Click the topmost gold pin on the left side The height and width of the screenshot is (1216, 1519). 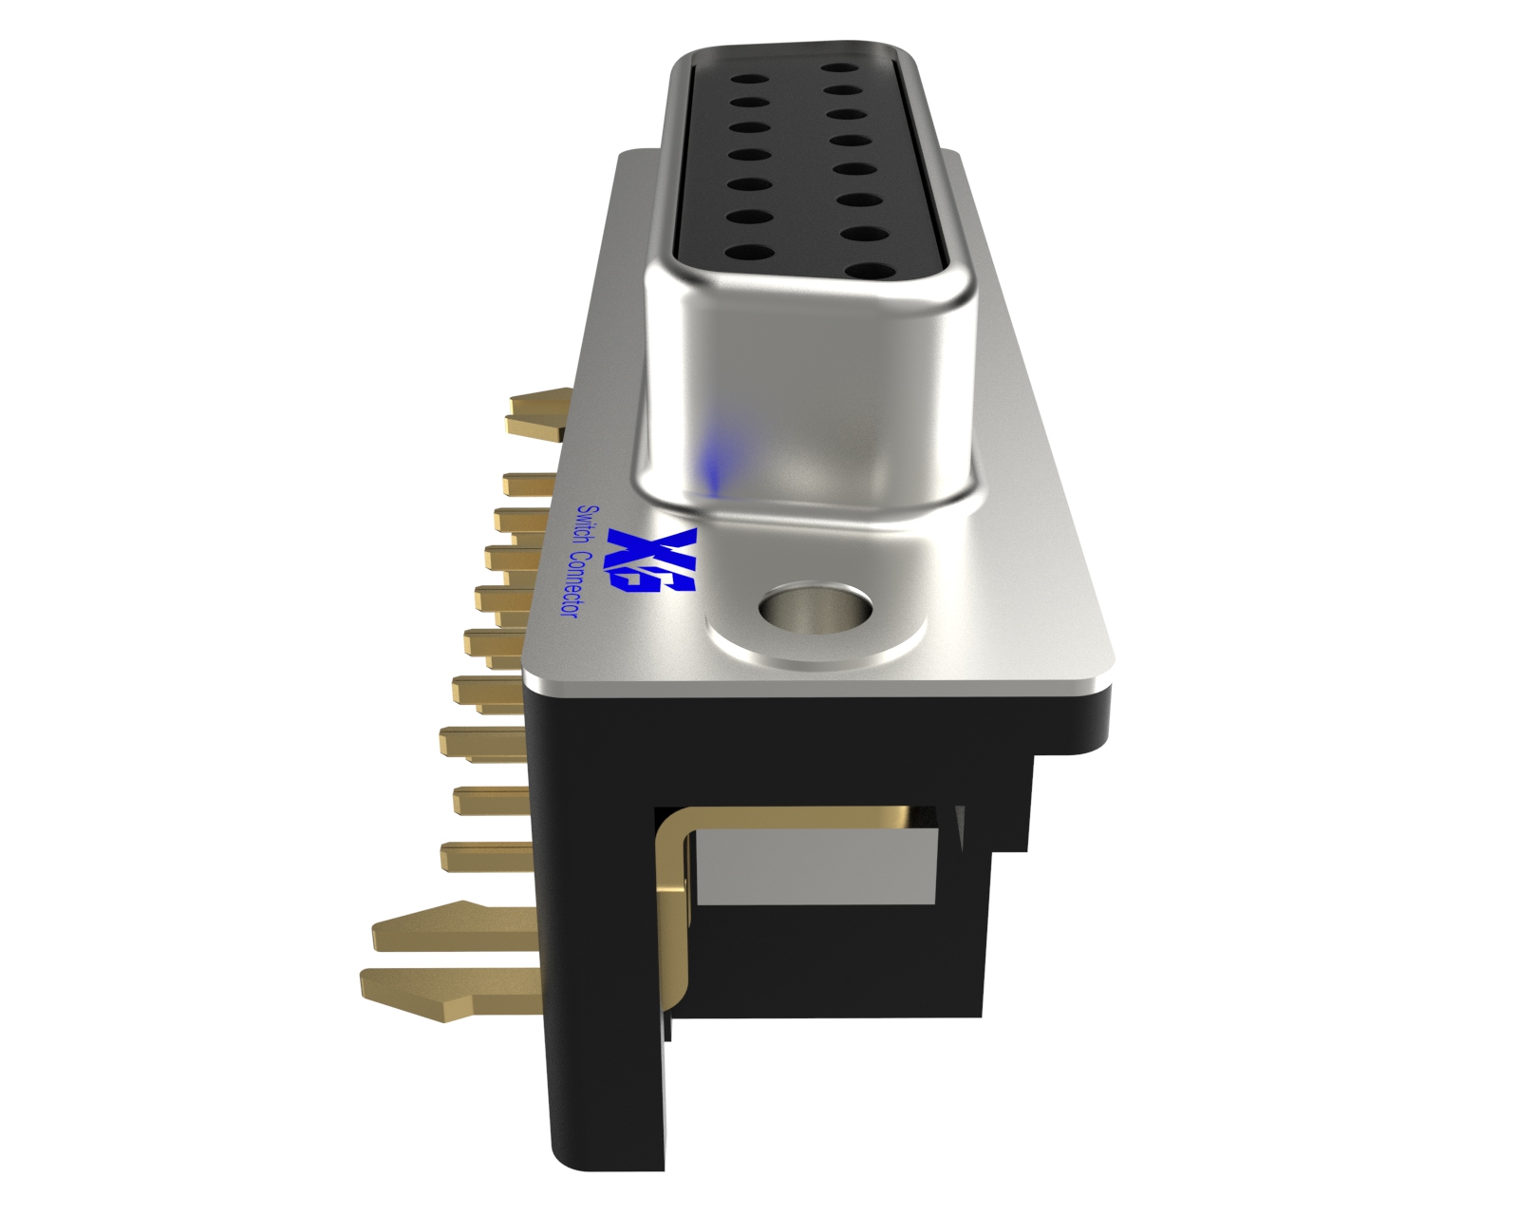click(x=536, y=415)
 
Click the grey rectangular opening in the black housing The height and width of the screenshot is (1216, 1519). click(x=816, y=864)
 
